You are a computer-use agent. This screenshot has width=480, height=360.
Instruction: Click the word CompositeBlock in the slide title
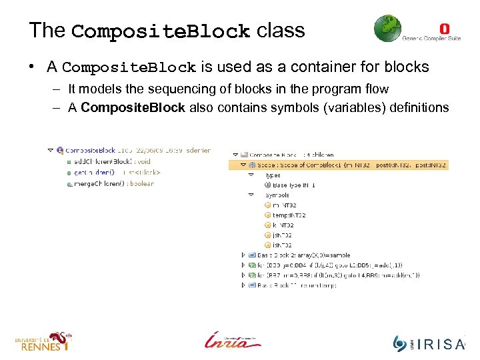161,31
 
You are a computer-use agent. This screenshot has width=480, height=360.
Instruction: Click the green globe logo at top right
387,29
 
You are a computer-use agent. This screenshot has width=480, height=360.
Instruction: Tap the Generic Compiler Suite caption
431,39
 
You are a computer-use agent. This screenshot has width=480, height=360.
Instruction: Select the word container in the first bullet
317,67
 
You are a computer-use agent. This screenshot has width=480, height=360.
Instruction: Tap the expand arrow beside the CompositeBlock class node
50,151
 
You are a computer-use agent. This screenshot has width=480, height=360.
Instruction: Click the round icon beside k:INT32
267,225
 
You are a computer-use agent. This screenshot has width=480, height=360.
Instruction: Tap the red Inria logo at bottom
231,340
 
